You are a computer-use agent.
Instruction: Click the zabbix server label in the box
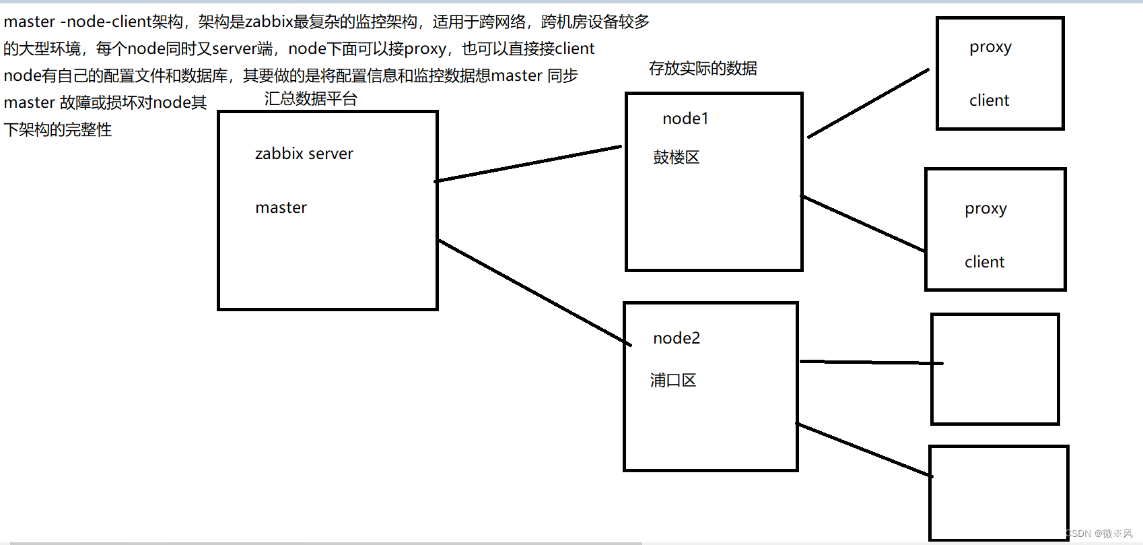tap(304, 154)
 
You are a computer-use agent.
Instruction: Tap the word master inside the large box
tap(281, 207)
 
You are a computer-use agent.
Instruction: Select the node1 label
tap(685, 119)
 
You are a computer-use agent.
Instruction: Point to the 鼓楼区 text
tap(676, 158)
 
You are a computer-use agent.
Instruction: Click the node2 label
tap(677, 338)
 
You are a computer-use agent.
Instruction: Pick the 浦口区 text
tap(672, 381)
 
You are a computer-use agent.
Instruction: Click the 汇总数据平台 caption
tap(310, 99)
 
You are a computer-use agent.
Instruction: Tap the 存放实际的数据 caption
tap(703, 68)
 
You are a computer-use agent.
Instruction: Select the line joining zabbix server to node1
tap(528, 164)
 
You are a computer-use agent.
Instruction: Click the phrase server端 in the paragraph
tap(242, 49)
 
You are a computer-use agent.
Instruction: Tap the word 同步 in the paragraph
tap(562, 75)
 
